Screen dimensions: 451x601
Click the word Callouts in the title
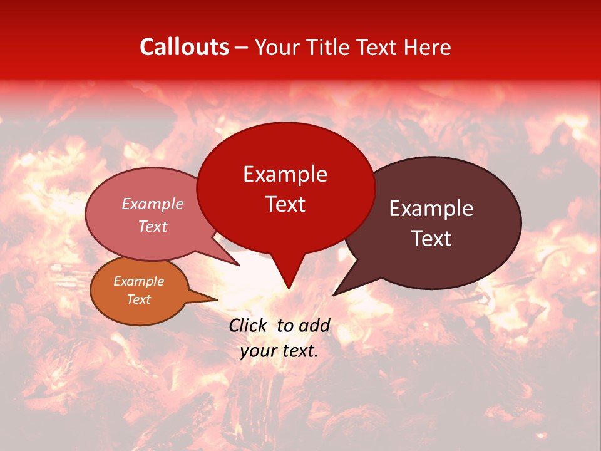184,47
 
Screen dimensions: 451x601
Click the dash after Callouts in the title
242,48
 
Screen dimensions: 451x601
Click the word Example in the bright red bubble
285,174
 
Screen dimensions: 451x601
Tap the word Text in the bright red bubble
285,204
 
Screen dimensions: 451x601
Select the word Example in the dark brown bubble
431,209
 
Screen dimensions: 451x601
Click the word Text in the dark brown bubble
431,239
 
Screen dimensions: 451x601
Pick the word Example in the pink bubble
152,204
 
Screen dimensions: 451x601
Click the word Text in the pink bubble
152,226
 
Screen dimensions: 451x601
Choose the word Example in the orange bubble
138,281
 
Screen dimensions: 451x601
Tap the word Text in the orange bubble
138,299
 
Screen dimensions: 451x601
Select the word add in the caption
314,325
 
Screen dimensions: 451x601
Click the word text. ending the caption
299,351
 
